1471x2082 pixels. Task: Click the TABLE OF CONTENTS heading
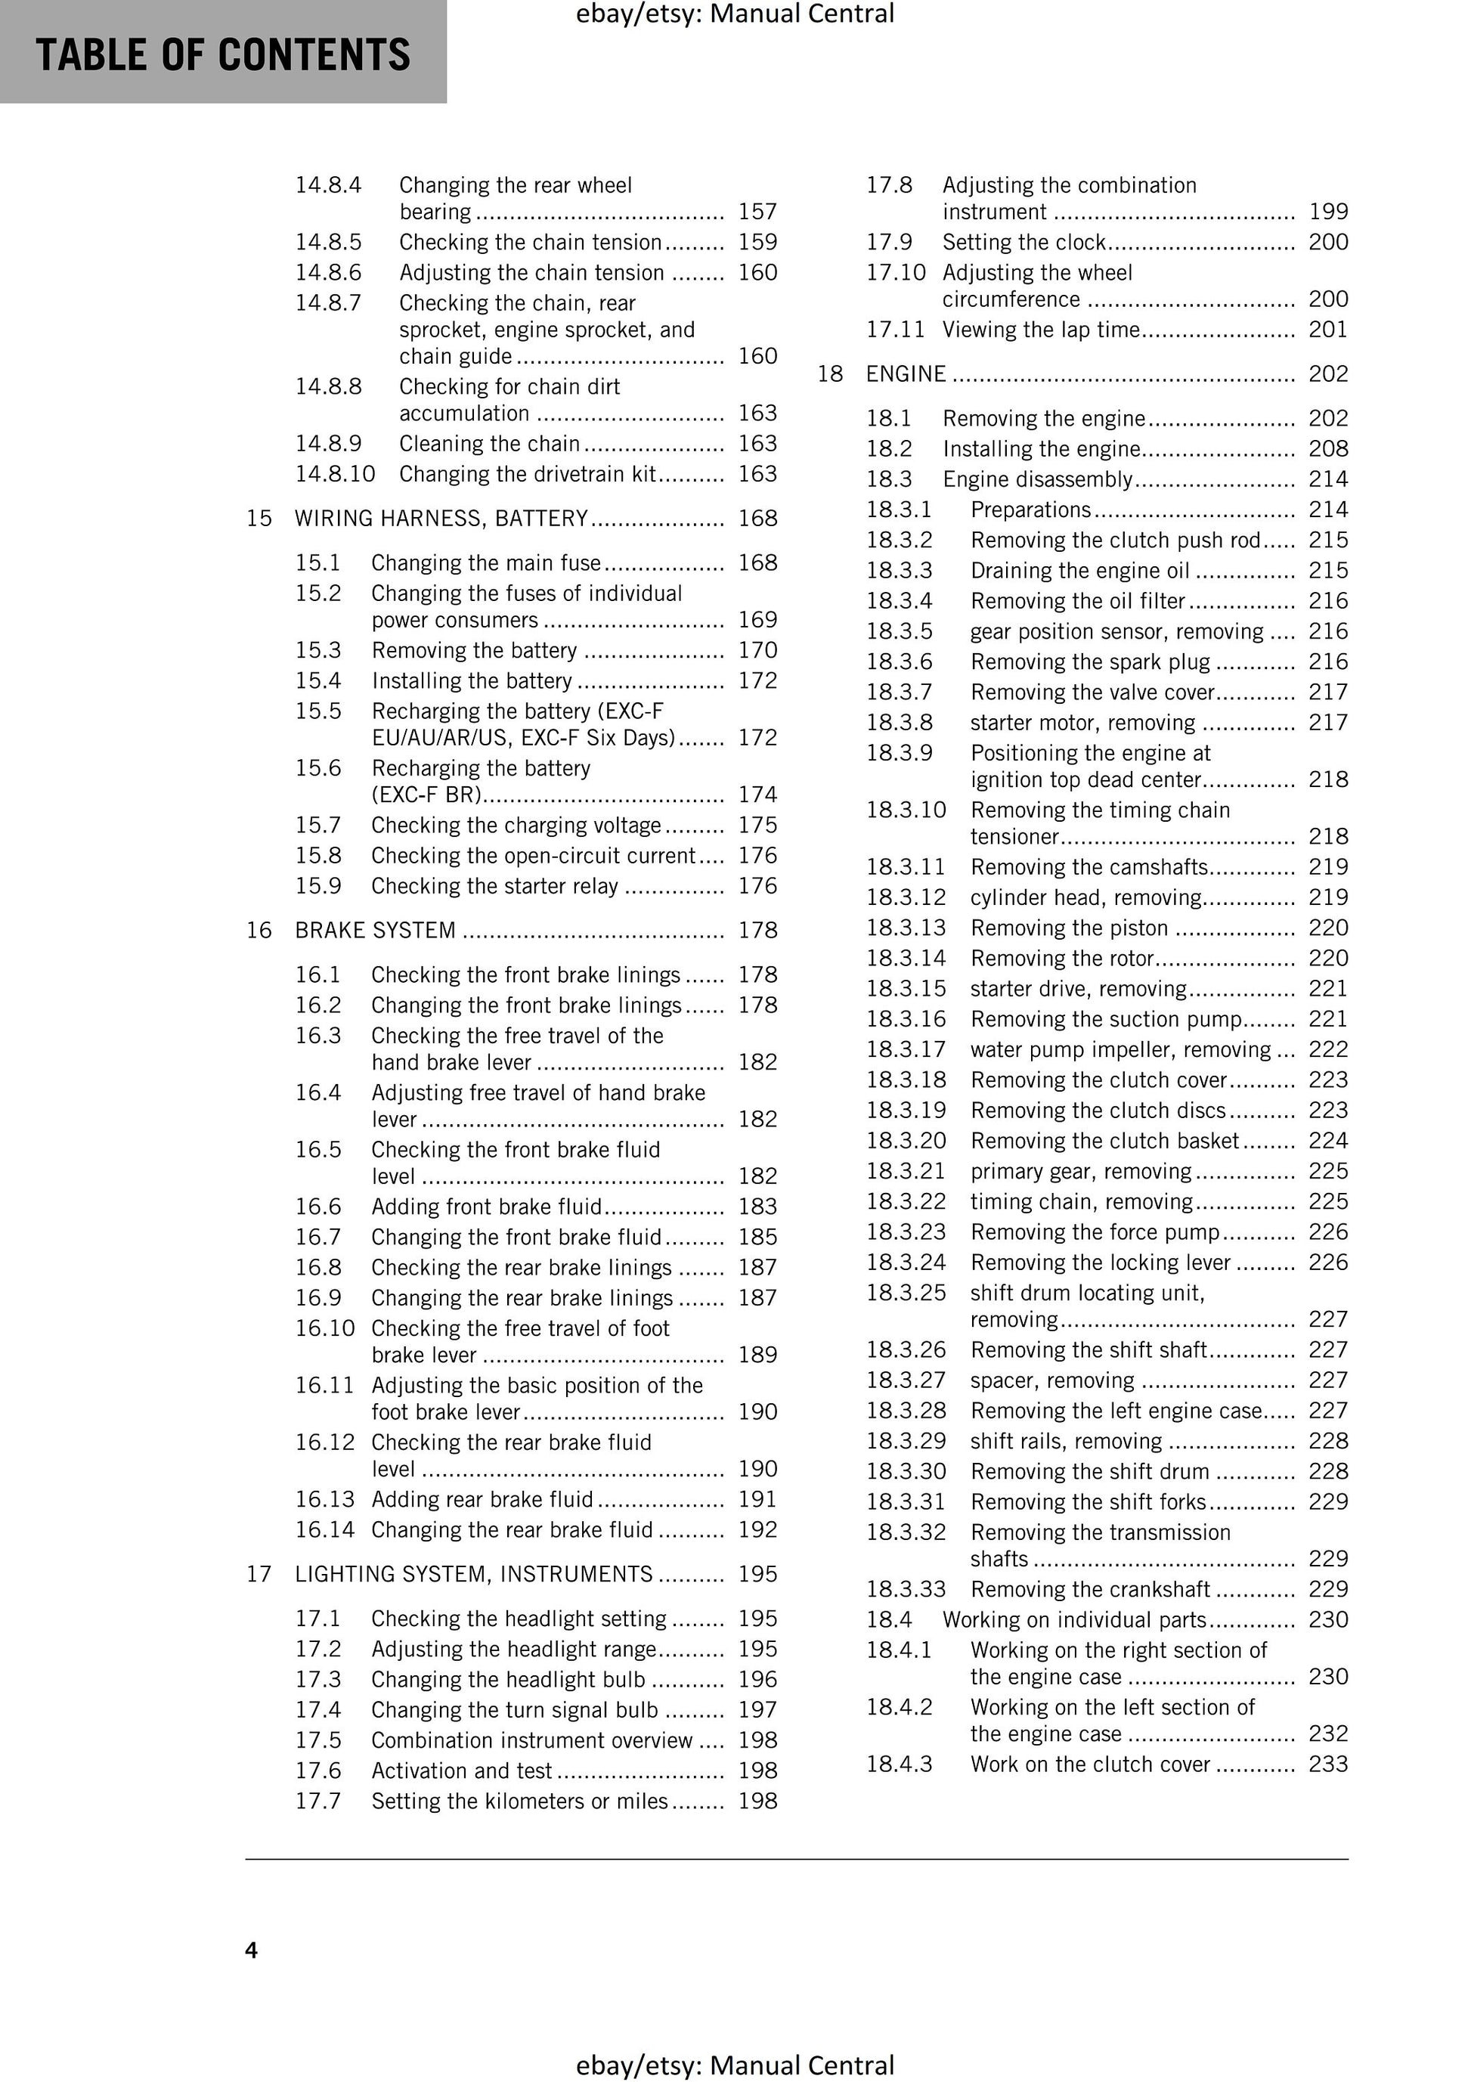tap(223, 54)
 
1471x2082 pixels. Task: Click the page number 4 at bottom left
tap(251, 1950)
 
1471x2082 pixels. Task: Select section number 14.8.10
tap(335, 473)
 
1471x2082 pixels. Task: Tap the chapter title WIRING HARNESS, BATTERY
tap(441, 518)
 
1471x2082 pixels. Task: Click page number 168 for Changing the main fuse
tap(757, 562)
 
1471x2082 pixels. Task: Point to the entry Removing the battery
tap(473, 650)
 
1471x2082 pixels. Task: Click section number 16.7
tap(317, 1237)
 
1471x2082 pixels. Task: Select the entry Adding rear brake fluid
tap(482, 1499)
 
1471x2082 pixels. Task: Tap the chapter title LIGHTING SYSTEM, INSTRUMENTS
tap(473, 1573)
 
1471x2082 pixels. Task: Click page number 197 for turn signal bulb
tap(757, 1709)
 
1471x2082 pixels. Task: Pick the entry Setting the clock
tap(1024, 242)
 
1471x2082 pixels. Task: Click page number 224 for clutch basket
tap(1327, 1140)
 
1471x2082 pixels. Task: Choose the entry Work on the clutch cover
tap(1090, 1764)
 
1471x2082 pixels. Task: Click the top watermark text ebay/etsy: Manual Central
tap(735, 14)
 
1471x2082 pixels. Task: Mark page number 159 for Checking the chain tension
tap(757, 242)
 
